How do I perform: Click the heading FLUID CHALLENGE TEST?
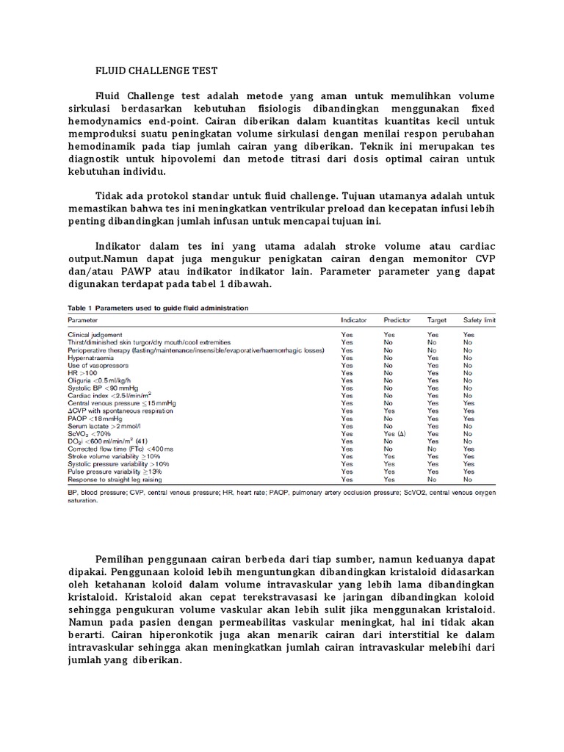[x=157, y=71]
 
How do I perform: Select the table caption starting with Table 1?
[x=159, y=308]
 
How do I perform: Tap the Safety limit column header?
[x=480, y=321]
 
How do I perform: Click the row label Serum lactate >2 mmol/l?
[x=99, y=426]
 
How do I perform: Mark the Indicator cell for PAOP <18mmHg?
[x=347, y=419]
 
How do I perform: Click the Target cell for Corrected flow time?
[x=433, y=449]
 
